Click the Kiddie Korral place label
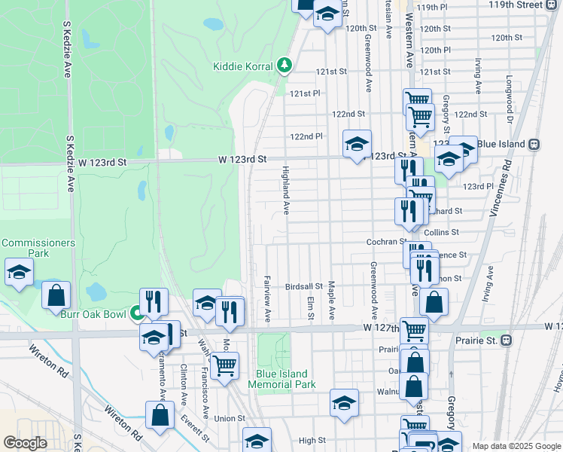tap(243, 66)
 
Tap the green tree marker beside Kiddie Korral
tap(285, 66)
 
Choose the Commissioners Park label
tap(38, 248)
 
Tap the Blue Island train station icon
tap(534, 144)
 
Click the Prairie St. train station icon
tap(507, 340)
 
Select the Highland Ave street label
tap(285, 189)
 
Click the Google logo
tap(25, 443)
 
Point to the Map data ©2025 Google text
tap(516, 446)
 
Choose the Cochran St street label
tap(386, 242)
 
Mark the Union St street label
tap(230, 418)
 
